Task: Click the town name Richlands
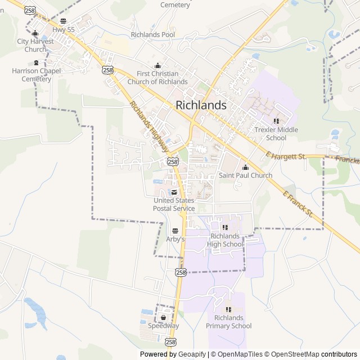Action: [201, 105]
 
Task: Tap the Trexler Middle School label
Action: [276, 134]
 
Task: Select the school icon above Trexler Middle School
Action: [276, 121]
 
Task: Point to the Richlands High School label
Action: [225, 240]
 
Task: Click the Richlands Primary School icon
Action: [229, 310]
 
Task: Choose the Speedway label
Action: [163, 326]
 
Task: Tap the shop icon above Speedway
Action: [163, 317]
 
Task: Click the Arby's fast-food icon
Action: [175, 231]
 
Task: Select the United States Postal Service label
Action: [174, 205]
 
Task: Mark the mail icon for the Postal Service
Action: [174, 192]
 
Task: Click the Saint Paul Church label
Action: [245, 175]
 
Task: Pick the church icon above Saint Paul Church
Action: [245, 167]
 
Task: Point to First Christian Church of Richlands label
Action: [157, 78]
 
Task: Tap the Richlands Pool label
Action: [152, 34]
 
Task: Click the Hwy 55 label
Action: [63, 29]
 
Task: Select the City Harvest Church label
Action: [35, 45]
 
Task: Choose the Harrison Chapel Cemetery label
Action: [36, 75]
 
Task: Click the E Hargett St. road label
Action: [286, 155]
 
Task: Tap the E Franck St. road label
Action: [298, 204]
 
